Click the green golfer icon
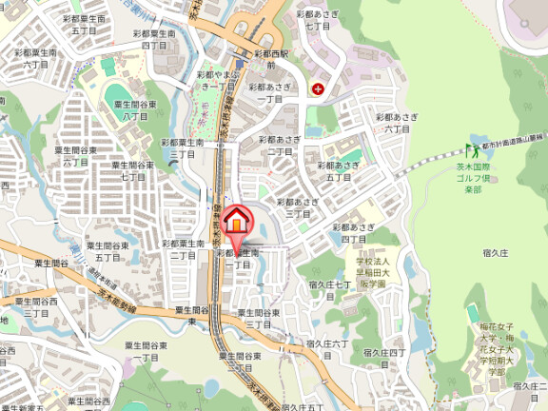(473, 151)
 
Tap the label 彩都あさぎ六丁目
(397, 123)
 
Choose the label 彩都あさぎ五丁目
(342, 170)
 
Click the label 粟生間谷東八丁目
(134, 109)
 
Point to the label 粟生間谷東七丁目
(133, 170)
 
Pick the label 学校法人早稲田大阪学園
(373, 271)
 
